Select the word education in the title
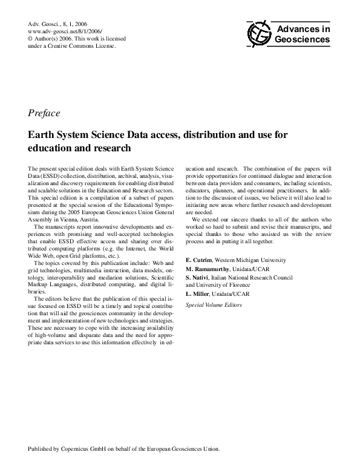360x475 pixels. coord(53,147)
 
